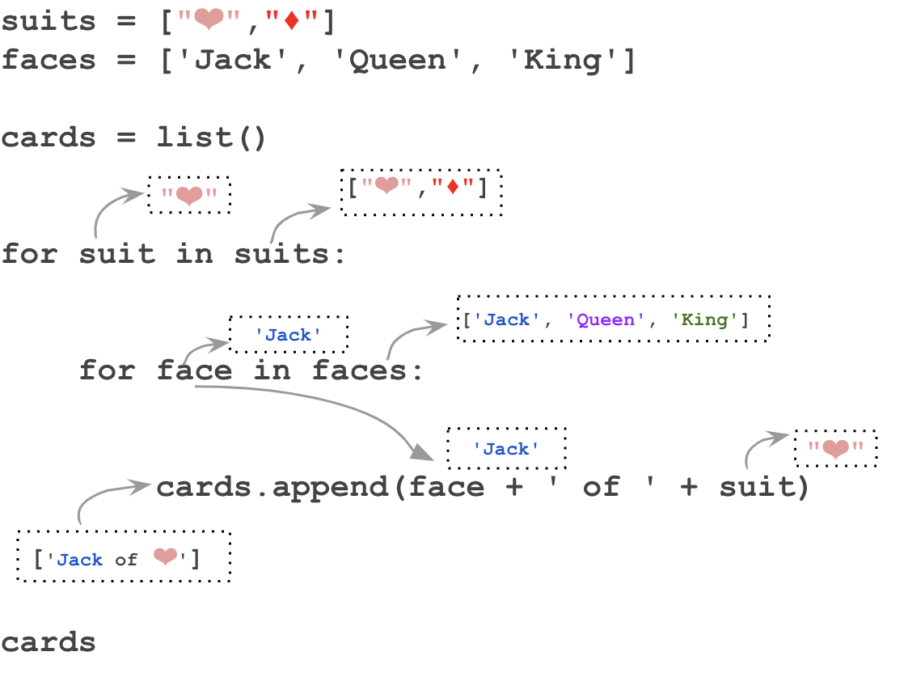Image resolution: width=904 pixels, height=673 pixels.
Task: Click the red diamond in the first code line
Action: click(x=292, y=20)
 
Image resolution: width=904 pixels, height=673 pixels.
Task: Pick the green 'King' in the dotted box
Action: click(x=705, y=320)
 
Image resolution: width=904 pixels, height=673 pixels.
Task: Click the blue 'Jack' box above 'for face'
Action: click(x=289, y=335)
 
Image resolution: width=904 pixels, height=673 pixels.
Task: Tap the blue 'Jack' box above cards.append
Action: click(x=506, y=449)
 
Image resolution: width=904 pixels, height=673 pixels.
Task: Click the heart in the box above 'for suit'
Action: click(x=189, y=195)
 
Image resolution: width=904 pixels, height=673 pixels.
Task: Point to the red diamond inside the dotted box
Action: click(x=453, y=188)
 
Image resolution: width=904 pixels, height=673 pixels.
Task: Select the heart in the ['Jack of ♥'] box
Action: click(x=165, y=557)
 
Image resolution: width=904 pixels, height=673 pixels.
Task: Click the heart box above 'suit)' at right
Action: click(x=835, y=449)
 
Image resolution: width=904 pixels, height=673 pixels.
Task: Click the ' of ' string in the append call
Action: click(x=600, y=487)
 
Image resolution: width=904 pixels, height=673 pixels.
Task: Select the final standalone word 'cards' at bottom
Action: click(x=49, y=642)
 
